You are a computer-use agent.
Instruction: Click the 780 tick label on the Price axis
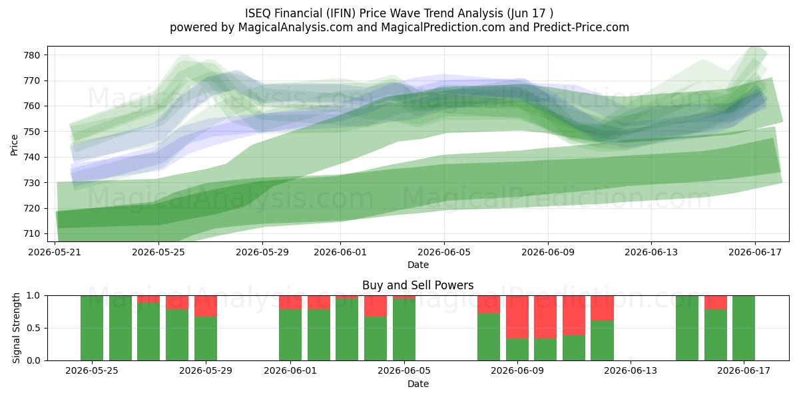point(32,55)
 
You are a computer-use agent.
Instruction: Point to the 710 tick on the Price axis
point(32,234)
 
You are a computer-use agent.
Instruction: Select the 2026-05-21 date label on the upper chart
point(55,252)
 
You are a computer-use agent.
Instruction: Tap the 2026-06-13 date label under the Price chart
point(651,252)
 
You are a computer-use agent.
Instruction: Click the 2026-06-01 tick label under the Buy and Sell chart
point(290,370)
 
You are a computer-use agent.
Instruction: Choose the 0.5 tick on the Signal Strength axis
point(33,328)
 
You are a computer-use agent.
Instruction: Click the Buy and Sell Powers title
point(418,285)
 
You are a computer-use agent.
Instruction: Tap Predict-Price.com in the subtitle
point(581,27)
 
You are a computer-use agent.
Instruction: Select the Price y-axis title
point(14,145)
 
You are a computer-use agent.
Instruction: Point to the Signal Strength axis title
point(16,328)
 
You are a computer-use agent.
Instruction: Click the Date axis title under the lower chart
point(418,384)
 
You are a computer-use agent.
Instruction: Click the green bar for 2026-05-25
point(92,328)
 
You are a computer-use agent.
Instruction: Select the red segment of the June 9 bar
point(517,317)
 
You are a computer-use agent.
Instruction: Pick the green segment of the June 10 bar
point(545,350)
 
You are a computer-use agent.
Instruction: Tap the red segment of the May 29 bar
point(206,306)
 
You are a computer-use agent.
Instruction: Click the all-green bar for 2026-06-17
point(744,328)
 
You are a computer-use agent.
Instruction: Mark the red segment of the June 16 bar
point(716,303)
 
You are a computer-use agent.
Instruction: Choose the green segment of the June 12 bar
point(602,340)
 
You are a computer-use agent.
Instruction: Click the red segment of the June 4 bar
point(376,306)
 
